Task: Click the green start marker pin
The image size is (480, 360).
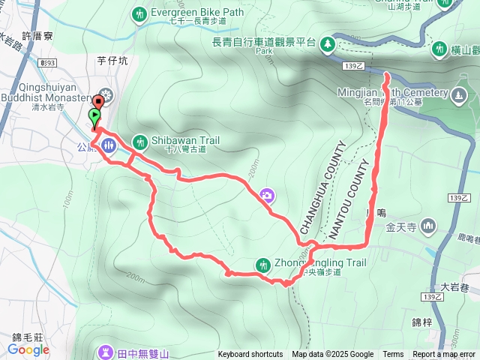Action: click(94, 117)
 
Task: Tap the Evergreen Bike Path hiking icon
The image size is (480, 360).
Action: click(139, 13)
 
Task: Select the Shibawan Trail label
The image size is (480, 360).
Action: click(177, 140)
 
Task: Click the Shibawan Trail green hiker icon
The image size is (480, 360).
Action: click(139, 141)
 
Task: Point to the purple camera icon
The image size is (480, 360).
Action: click(267, 196)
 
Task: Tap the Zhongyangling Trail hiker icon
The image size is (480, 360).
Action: click(262, 264)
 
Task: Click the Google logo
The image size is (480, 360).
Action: click(28, 349)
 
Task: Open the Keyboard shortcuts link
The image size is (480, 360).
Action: click(250, 355)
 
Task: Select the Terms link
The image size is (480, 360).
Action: click(393, 355)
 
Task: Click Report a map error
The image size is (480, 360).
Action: click(444, 355)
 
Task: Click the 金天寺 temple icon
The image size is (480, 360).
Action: click(428, 225)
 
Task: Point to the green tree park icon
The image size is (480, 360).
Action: click(328, 44)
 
